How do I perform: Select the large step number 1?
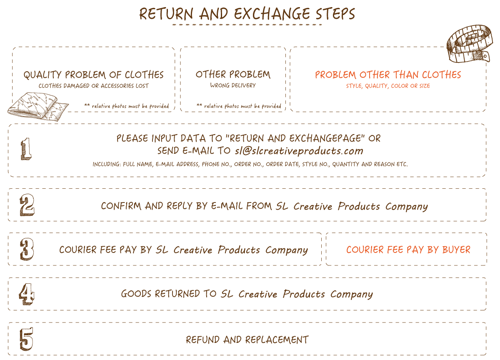[26, 149]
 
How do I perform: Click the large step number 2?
[27, 205]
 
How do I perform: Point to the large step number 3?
[27, 249]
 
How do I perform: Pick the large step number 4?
[27, 294]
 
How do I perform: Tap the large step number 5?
[26, 339]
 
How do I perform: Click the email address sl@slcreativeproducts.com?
[299, 151]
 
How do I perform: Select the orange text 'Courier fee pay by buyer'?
[408, 250]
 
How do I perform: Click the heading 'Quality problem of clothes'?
[93, 75]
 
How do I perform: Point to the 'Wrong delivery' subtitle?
[233, 85]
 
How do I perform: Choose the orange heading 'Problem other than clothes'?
[388, 75]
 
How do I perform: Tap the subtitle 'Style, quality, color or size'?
[388, 86]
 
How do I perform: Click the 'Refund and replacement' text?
[247, 340]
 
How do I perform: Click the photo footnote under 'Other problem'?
[239, 106]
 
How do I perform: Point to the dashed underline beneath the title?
[247, 25]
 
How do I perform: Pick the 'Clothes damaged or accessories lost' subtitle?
[93, 86]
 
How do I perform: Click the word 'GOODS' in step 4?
[136, 294]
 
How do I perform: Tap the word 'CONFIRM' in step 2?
[121, 206]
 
